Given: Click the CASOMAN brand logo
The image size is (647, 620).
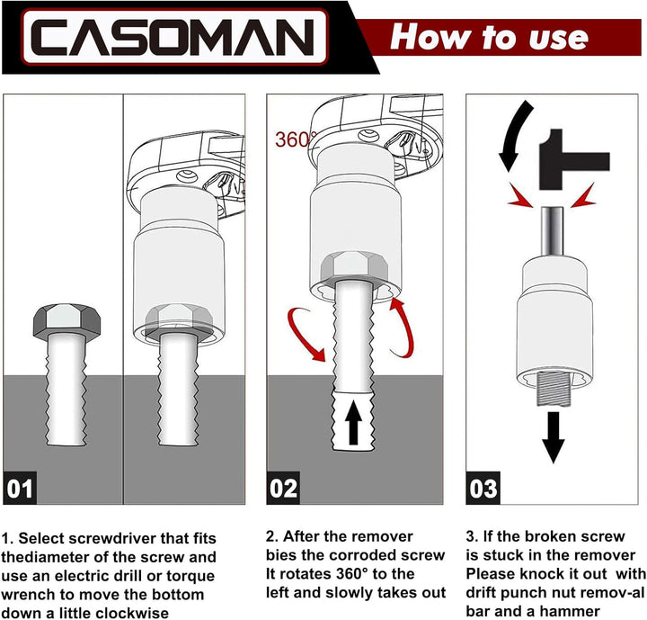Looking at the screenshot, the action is click(x=174, y=38).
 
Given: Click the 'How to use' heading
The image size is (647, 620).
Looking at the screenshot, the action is click(x=490, y=37).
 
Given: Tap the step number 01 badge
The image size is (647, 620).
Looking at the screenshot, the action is click(x=20, y=488).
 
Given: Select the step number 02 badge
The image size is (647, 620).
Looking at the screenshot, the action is click(x=283, y=488).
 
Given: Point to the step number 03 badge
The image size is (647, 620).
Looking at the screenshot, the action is click(x=483, y=488).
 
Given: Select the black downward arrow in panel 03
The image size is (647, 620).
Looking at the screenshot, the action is click(x=553, y=437).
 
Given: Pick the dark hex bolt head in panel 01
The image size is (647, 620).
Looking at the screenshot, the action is click(x=66, y=321).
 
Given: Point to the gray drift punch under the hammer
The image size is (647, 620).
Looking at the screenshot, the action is click(x=552, y=231).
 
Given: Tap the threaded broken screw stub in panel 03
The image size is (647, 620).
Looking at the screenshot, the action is click(x=553, y=389).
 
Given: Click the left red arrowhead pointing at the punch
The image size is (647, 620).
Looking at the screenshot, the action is click(x=519, y=195).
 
